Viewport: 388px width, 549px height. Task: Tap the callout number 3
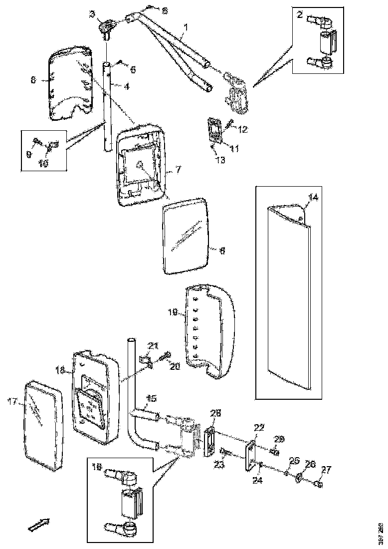tap(92, 14)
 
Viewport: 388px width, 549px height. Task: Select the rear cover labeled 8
tap(70, 85)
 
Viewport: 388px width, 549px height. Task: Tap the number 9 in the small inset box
tap(28, 154)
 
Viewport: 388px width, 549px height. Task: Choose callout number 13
tap(220, 160)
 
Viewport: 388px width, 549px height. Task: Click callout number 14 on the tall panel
tap(312, 198)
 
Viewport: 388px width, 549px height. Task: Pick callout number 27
tap(326, 469)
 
